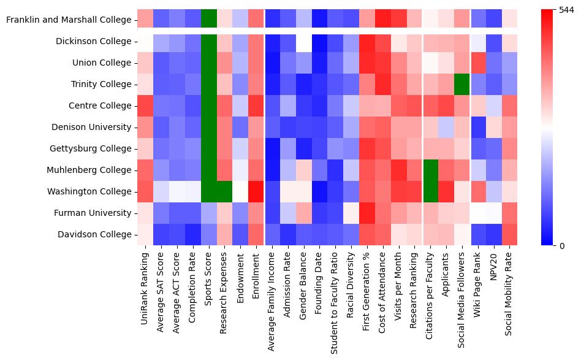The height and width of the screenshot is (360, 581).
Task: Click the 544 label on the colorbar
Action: [568, 10]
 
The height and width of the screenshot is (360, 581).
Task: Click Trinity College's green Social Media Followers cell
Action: [463, 85]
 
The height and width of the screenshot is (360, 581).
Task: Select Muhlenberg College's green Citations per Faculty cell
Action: [431, 170]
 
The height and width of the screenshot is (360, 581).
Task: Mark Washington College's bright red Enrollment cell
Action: [257, 192]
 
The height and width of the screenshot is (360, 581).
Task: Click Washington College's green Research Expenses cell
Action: [225, 192]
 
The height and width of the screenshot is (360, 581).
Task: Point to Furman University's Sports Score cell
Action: [209, 213]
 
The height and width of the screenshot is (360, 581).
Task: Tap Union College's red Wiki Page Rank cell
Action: [479, 63]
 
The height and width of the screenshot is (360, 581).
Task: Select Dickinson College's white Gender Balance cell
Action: [305, 42]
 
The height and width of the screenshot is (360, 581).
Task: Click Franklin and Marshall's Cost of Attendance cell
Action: [384, 20]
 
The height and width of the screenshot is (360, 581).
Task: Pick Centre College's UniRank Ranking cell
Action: [145, 106]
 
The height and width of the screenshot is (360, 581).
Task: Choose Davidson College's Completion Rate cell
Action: [193, 235]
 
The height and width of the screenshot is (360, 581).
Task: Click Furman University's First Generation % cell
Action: [368, 213]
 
